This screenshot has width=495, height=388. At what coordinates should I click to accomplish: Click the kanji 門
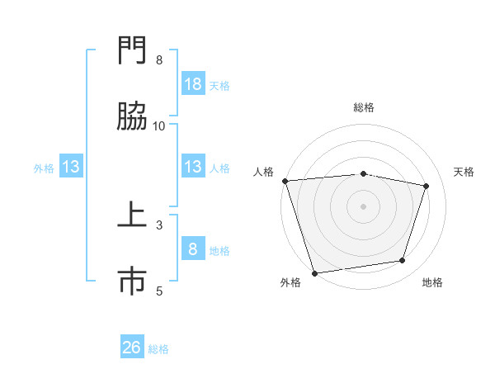click(133, 51)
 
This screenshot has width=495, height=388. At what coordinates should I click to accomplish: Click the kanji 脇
click(133, 116)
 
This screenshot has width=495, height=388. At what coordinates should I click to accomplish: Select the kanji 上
click(133, 216)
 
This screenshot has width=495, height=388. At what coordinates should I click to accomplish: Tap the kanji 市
click(133, 282)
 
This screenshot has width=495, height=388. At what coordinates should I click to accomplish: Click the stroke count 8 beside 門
click(159, 60)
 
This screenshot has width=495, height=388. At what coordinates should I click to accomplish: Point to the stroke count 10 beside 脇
click(159, 125)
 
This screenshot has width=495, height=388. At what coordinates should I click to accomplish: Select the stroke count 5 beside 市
click(159, 291)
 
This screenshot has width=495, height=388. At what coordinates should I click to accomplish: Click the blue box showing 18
click(193, 84)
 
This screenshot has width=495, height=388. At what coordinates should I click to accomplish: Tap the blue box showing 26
click(132, 348)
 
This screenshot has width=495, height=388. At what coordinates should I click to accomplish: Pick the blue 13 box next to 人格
click(193, 167)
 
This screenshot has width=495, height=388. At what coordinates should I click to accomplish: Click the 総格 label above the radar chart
click(364, 107)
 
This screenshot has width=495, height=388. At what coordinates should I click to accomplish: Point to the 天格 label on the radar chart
click(464, 172)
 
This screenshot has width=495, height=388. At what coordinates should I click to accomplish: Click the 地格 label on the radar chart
click(432, 282)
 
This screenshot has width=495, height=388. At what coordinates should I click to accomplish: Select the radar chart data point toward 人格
click(285, 181)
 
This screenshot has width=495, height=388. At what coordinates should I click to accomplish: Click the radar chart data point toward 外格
click(314, 272)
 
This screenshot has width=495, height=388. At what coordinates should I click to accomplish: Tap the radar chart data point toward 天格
click(427, 186)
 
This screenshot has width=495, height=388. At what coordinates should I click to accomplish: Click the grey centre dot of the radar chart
click(364, 206)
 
